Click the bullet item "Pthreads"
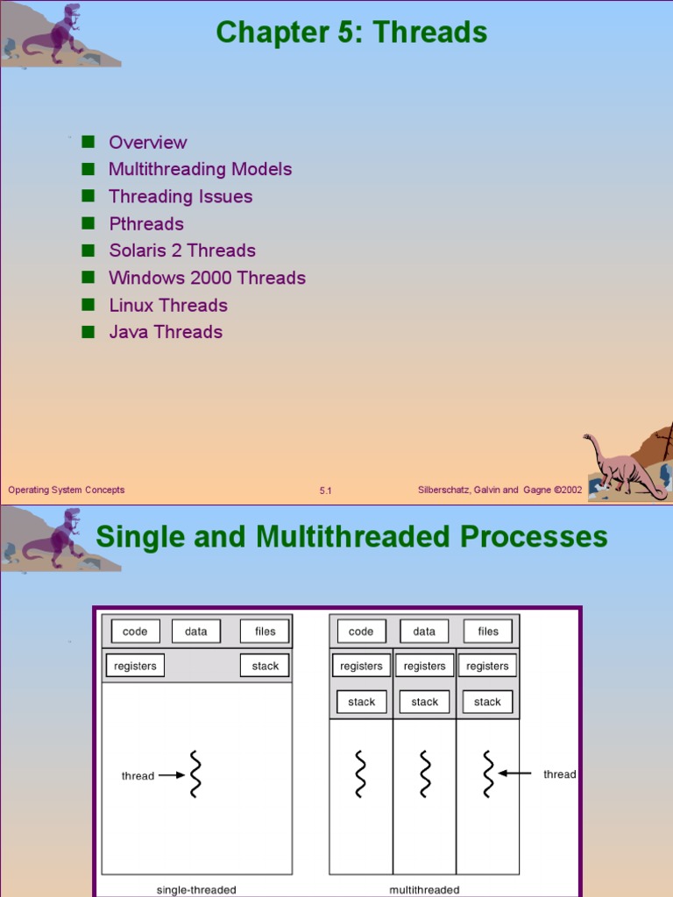[145, 223]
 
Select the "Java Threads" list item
[165, 332]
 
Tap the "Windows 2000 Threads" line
[207, 278]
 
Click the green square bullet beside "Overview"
[88, 142]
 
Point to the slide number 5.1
[325, 491]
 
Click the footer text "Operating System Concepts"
[67, 490]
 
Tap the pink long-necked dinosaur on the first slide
[623, 465]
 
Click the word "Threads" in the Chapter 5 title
[429, 32]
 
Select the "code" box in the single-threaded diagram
[135, 631]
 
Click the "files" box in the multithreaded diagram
[488, 631]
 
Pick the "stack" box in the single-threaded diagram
[265, 666]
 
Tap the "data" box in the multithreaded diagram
[424, 631]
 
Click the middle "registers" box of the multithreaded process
[424, 666]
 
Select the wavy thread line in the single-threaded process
[196, 774]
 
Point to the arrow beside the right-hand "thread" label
[515, 773]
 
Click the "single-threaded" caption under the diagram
[196, 890]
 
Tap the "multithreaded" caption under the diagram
[424, 890]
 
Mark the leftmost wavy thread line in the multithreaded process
[360, 773]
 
